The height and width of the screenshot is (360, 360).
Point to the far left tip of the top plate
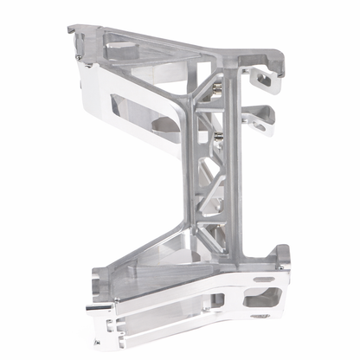coord(70,29)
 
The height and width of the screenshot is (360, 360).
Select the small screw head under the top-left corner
coord(80,57)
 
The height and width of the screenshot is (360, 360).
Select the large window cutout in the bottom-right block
coord(263,299)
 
